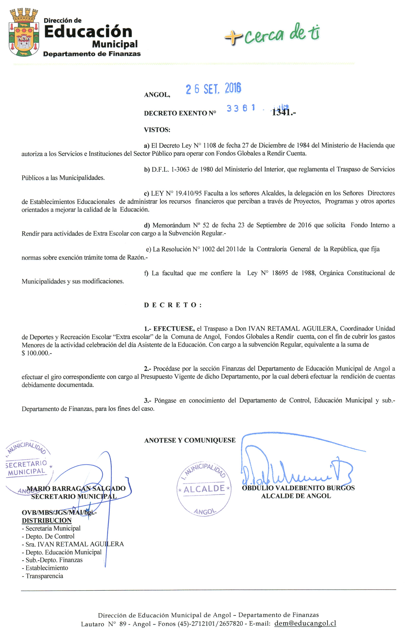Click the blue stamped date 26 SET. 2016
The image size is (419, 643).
[213, 89]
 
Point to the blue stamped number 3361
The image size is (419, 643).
[241, 108]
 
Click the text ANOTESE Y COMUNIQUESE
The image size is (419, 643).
[190, 440]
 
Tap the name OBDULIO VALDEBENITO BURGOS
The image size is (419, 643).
[298, 488]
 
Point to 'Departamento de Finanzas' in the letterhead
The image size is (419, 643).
[92, 54]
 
